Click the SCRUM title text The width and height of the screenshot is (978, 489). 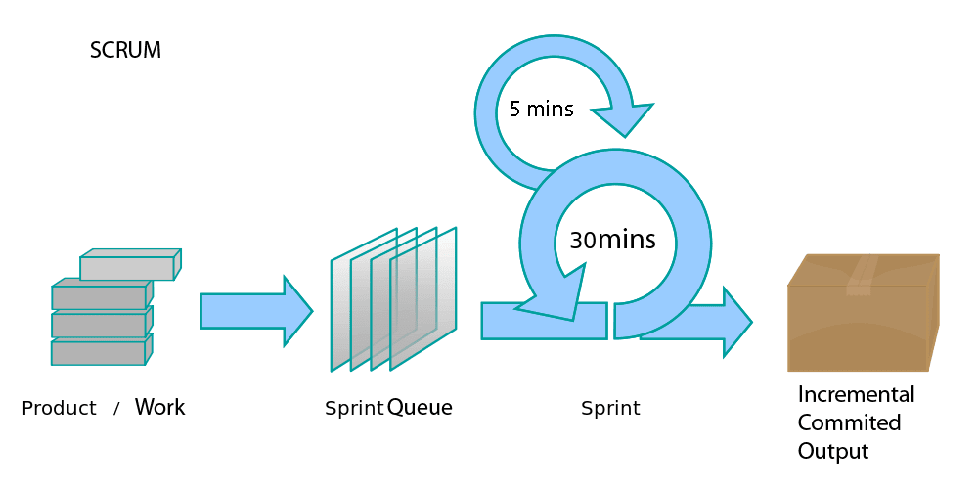click(x=125, y=51)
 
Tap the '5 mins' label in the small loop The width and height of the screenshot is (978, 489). click(x=542, y=110)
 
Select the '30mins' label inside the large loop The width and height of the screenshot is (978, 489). click(x=612, y=240)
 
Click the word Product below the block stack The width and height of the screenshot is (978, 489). click(x=60, y=409)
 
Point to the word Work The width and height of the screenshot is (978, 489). click(x=160, y=407)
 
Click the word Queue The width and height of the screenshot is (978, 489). click(x=420, y=408)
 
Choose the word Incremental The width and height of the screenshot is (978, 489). click(x=857, y=395)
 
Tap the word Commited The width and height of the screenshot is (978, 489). click(x=850, y=422)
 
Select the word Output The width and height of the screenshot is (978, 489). click(x=833, y=451)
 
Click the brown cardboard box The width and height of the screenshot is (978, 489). click(x=864, y=313)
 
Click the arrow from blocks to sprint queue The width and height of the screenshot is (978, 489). click(x=256, y=311)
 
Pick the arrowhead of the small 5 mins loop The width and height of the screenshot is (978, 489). click(x=622, y=119)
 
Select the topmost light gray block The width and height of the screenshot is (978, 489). click(x=131, y=264)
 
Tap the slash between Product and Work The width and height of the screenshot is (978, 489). click(x=116, y=409)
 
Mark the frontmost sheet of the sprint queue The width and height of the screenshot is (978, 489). click(x=422, y=299)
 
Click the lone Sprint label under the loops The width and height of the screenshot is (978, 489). click(x=610, y=409)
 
